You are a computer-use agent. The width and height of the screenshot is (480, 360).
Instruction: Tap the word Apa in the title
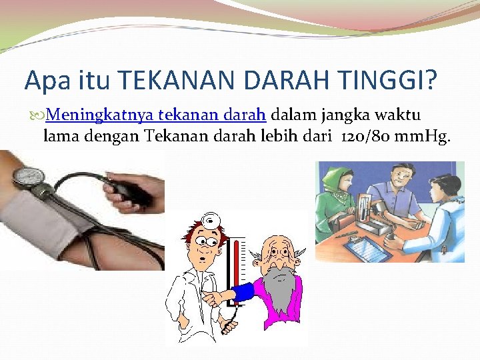pyautogui.click(x=45, y=81)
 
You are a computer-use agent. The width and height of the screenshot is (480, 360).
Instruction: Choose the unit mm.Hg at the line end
pyautogui.click(x=423, y=137)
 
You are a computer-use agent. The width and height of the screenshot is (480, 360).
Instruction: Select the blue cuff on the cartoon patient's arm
pyautogui.click(x=243, y=291)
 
